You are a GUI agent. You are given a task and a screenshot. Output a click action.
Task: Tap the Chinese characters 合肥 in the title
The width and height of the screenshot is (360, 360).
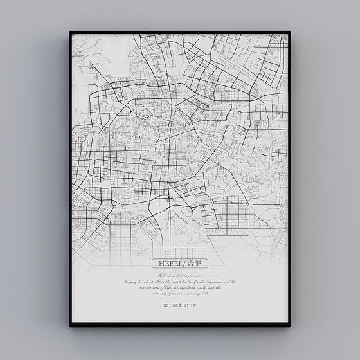(x=195, y=263)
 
